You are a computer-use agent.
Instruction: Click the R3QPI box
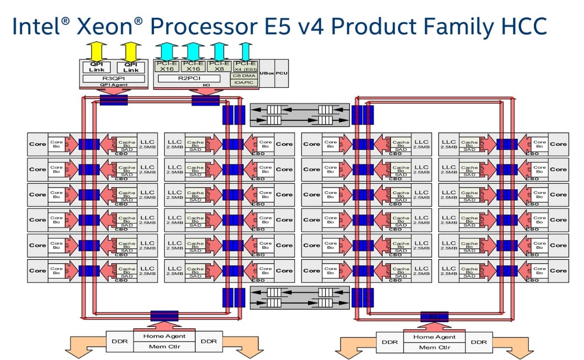pyautogui.click(x=114, y=79)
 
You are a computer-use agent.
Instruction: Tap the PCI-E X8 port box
pyautogui.click(x=218, y=66)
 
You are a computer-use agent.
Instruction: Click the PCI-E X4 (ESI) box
pyautogui.click(x=245, y=66)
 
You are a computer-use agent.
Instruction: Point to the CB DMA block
pyautogui.click(x=245, y=75)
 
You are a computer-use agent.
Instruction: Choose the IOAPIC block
pyautogui.click(x=245, y=82)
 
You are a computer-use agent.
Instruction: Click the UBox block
pyautogui.click(x=267, y=73)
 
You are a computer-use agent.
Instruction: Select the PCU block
pyautogui.click(x=281, y=73)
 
